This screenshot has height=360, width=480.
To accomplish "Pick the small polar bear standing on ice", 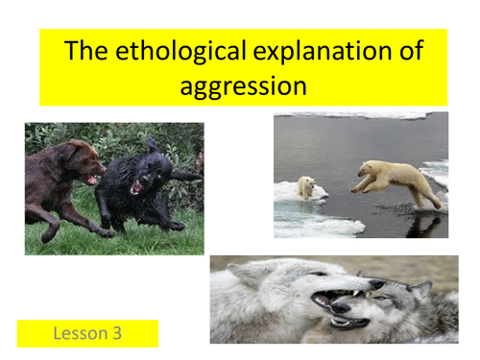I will tap(306, 186).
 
